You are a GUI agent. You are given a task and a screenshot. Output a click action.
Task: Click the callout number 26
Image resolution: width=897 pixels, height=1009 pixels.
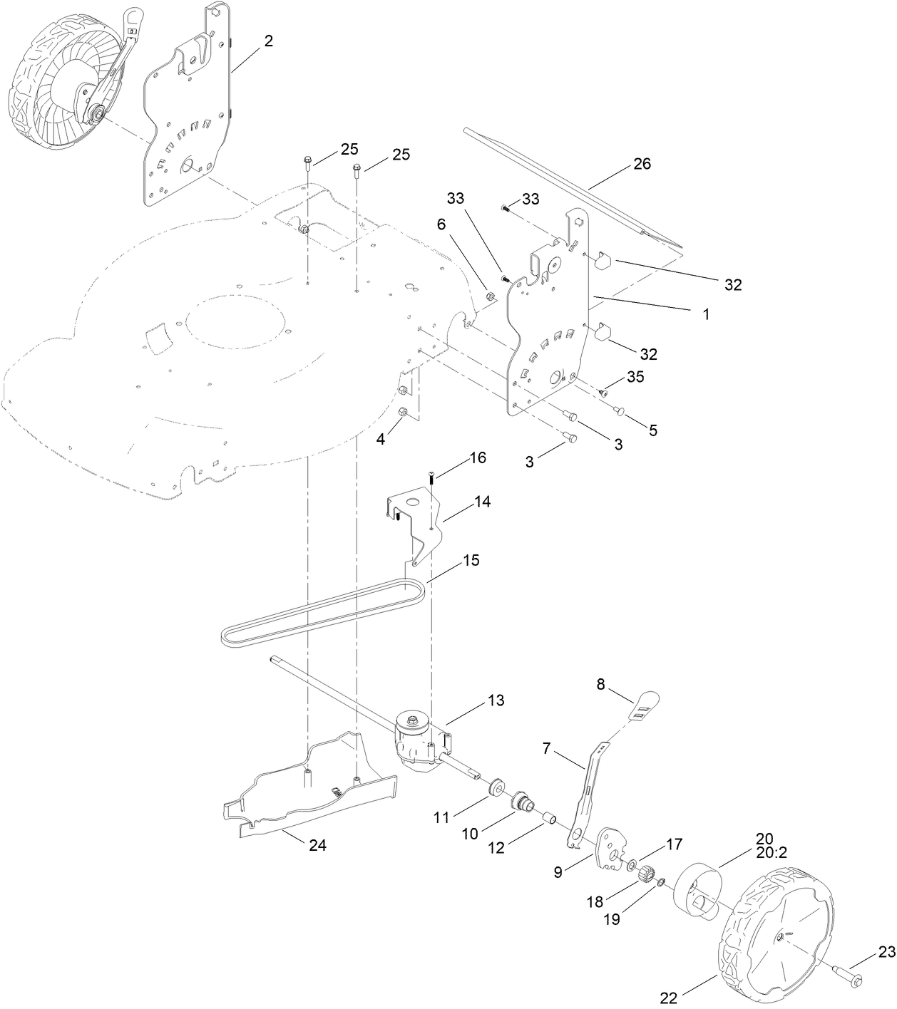click(x=642, y=164)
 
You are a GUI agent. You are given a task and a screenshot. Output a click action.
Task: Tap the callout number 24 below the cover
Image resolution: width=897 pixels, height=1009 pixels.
click(x=317, y=845)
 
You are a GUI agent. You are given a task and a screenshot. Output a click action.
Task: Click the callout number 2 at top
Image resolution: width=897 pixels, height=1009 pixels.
click(x=268, y=41)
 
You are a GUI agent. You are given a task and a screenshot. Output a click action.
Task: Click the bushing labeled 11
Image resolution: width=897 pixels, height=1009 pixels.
click(x=492, y=787)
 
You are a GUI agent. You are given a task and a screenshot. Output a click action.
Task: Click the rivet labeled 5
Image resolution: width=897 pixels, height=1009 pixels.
click(x=619, y=409)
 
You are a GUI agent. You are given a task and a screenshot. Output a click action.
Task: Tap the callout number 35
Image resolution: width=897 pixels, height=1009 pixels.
click(x=635, y=378)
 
